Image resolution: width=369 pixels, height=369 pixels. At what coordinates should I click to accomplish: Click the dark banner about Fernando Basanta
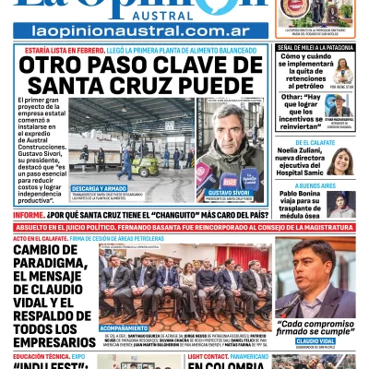[x=184, y=226]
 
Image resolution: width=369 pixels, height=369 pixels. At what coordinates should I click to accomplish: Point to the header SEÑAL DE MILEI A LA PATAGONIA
[x=316, y=46]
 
